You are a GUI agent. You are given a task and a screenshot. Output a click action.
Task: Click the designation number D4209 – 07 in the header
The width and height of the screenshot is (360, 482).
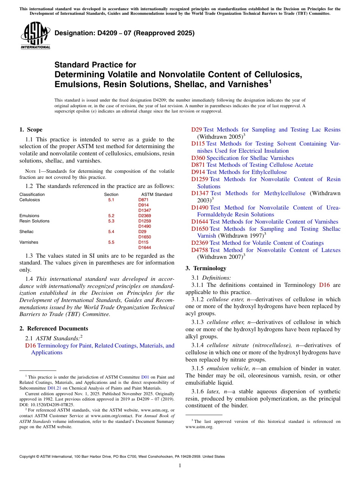point(125,33)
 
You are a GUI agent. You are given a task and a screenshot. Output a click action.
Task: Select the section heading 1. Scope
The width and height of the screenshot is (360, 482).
point(31,130)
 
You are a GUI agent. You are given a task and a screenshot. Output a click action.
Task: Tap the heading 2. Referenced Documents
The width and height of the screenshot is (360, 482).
point(54,329)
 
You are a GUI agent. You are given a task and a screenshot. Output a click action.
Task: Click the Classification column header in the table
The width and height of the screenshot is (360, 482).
point(32,194)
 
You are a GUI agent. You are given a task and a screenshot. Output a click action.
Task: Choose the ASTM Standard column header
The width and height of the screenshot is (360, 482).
point(154,194)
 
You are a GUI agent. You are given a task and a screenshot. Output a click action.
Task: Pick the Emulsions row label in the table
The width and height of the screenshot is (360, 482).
point(29,216)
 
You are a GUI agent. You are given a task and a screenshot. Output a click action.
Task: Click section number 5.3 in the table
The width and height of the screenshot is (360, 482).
point(111,221)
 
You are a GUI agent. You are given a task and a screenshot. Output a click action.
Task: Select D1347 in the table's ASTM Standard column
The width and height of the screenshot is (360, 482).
point(144,210)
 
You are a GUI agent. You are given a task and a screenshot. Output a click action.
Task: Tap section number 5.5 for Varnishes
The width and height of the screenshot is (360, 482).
point(111,242)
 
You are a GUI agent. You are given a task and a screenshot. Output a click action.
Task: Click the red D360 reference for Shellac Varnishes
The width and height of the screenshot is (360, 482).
point(198,158)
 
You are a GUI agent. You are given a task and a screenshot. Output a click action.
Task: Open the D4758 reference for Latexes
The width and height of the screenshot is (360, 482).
point(200,250)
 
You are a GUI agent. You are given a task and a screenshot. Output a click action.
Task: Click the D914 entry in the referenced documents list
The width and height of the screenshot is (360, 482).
point(198,172)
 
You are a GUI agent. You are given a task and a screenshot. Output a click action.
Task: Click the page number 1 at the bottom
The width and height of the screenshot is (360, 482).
point(180,465)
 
